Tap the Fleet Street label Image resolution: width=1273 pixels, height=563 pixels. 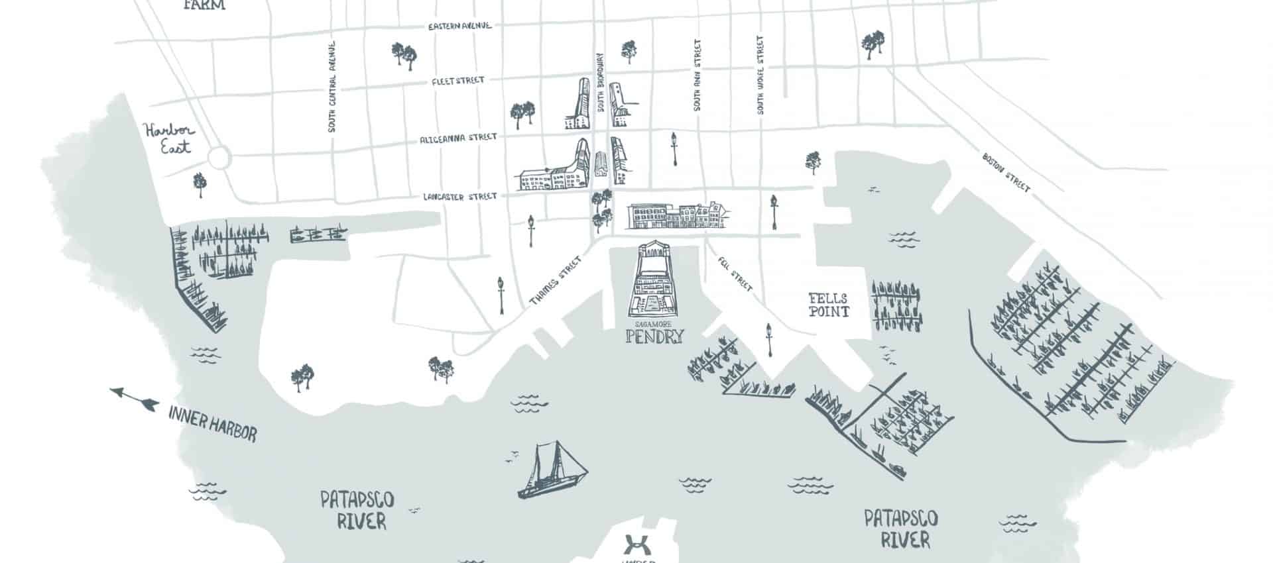coord(457,81)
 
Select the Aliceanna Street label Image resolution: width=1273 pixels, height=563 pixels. coord(457,138)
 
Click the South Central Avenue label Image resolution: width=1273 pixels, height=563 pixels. coord(332,86)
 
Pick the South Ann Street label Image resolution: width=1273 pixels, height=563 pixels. coord(697,75)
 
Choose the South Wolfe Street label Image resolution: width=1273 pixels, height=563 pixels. coord(760,75)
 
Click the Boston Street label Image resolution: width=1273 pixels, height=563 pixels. coord(1006,173)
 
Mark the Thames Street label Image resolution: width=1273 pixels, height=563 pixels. coord(560,281)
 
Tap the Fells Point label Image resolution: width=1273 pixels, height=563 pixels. coord(828,305)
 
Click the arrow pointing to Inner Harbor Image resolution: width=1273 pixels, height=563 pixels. coord(134,398)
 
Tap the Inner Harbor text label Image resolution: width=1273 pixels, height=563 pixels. coord(212,425)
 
